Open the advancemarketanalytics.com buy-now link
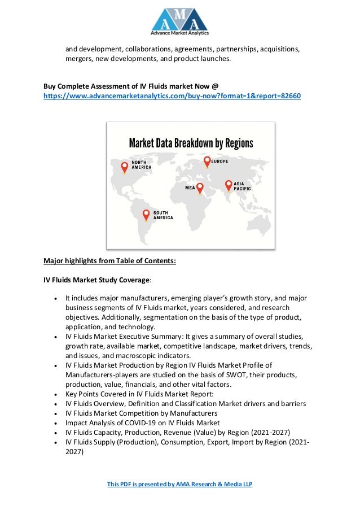tap(172, 97)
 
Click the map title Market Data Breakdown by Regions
tap(191, 143)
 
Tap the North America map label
tap(142, 164)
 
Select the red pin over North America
tap(125, 167)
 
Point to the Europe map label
tap(220, 162)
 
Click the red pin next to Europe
tap(207, 161)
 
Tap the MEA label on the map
tap(191, 187)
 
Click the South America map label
tap(163, 215)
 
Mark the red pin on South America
tap(146, 214)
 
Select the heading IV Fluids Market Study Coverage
tap(96, 280)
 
